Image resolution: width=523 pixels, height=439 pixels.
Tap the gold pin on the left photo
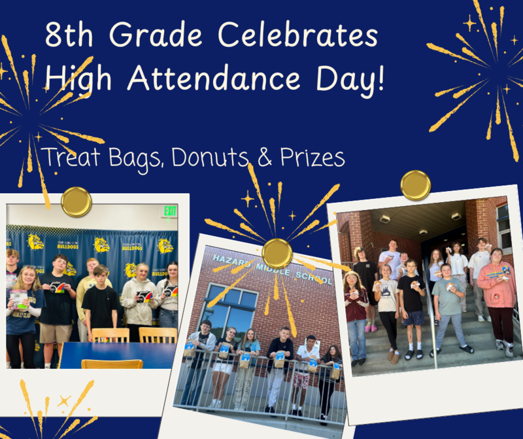pyautogui.click(x=76, y=201)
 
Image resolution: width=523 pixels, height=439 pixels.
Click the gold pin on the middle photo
pyautogui.click(x=277, y=253)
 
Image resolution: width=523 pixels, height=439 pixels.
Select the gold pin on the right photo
pyautogui.click(x=416, y=185)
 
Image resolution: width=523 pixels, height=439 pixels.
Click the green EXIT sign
pyautogui.click(x=170, y=211)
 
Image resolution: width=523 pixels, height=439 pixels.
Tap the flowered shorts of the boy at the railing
pyautogui.click(x=303, y=380)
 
